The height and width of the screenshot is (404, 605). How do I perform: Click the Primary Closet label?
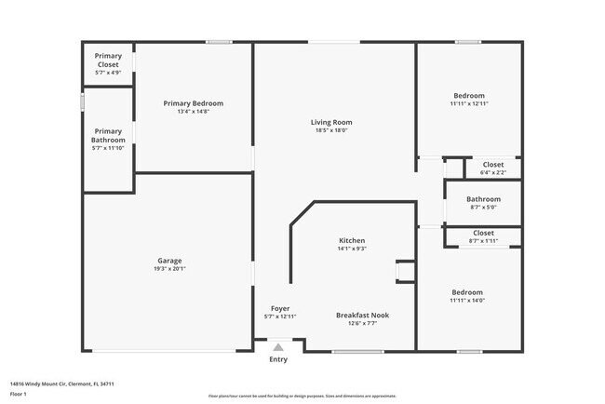pyautogui.click(x=108, y=61)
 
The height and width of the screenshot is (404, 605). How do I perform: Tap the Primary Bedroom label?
pyautogui.click(x=194, y=103)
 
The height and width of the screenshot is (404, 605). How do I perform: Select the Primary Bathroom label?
pyautogui.click(x=108, y=136)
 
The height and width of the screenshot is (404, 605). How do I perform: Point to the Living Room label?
pyautogui.click(x=331, y=122)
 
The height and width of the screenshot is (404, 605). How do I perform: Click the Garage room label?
pyautogui.click(x=169, y=261)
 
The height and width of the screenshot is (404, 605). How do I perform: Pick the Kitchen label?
pyautogui.click(x=352, y=240)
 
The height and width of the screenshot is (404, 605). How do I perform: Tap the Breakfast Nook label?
pyautogui.click(x=362, y=316)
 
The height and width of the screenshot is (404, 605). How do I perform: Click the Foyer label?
pyautogui.click(x=280, y=308)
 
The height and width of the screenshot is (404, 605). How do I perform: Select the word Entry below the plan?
pyautogui.click(x=278, y=360)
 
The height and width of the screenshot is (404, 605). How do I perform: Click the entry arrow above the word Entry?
pyautogui.click(x=278, y=347)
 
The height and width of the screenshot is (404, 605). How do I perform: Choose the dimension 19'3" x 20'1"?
pyautogui.click(x=169, y=269)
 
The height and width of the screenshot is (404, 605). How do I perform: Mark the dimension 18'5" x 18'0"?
pyautogui.click(x=331, y=130)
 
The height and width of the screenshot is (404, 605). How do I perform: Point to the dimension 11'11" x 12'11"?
pyautogui.click(x=469, y=103)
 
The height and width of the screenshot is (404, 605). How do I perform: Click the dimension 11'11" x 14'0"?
pyautogui.click(x=467, y=300)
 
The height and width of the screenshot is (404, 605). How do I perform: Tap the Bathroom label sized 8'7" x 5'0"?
pyautogui.click(x=483, y=199)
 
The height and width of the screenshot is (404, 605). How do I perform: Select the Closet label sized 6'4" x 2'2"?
pyautogui.click(x=493, y=165)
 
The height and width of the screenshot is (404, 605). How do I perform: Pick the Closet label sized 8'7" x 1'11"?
pyautogui.click(x=484, y=233)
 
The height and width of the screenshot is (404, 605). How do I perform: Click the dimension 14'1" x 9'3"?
pyautogui.click(x=352, y=249)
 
